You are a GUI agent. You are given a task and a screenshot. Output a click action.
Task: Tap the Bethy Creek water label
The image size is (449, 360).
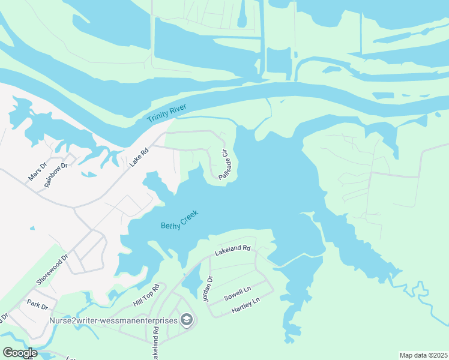point(179,220)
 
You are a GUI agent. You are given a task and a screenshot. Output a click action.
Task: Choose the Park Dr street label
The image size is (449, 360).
point(37,305)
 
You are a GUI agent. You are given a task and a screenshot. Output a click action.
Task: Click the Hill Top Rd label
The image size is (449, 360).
point(146,297)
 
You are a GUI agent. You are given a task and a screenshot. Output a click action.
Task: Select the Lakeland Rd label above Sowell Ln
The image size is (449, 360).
point(232,248)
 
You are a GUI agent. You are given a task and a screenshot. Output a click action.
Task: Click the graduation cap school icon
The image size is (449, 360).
point(187,320)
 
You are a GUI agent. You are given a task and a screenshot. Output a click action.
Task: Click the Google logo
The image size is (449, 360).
point(20,352)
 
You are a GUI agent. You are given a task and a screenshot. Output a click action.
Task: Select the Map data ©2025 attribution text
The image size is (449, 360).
point(423,355)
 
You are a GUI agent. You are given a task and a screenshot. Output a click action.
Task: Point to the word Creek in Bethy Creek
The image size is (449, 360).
point(188,217)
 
